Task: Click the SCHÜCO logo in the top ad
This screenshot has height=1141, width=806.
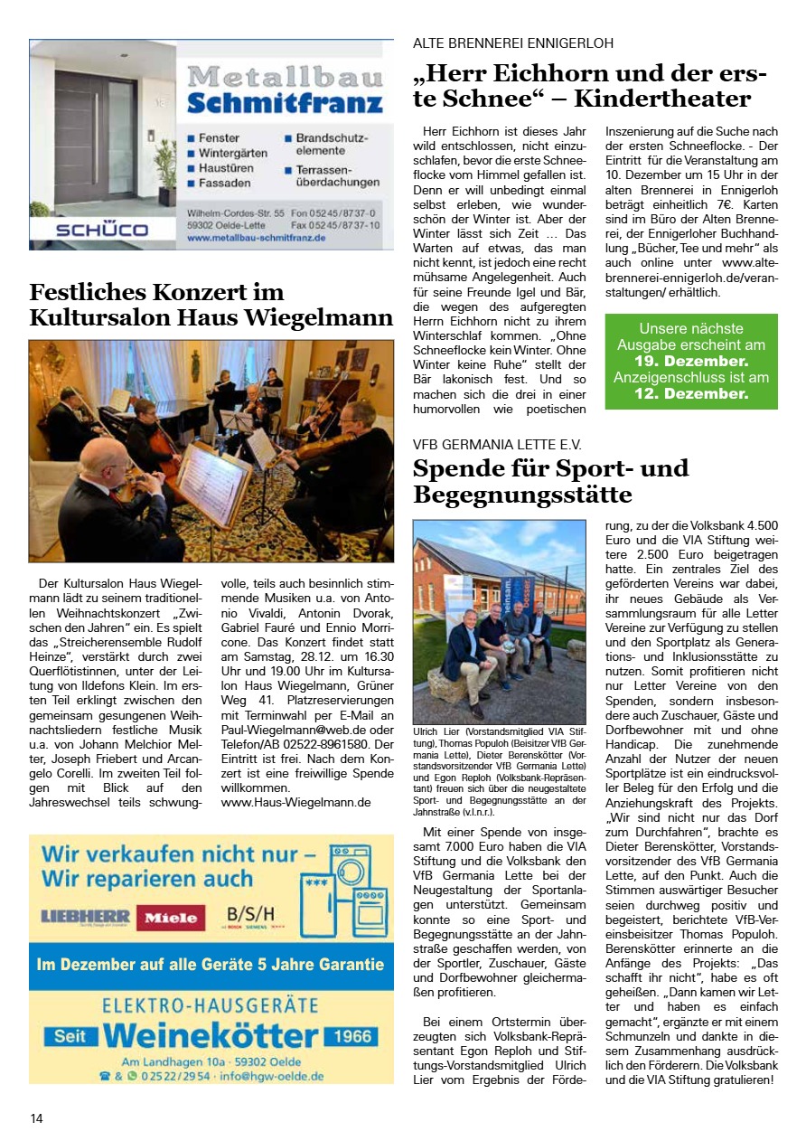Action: click(x=101, y=230)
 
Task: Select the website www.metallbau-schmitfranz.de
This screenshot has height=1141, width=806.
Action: click(x=257, y=238)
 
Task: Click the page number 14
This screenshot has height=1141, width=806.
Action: click(x=36, y=1118)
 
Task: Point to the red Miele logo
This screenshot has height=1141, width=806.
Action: click(x=171, y=918)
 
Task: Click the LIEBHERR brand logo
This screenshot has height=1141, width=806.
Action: click(x=86, y=916)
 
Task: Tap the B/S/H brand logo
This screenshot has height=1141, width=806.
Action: click(x=250, y=914)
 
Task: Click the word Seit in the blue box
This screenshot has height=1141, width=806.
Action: click(x=70, y=1036)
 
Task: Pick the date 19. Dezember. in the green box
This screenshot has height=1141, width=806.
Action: click(x=691, y=361)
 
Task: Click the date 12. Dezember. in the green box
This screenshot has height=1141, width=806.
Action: click(x=691, y=393)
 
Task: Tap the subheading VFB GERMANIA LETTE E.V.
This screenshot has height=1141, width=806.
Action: click(x=497, y=444)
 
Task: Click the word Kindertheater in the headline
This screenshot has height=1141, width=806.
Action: click(x=662, y=98)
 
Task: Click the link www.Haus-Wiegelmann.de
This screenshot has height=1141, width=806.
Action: click(x=296, y=801)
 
